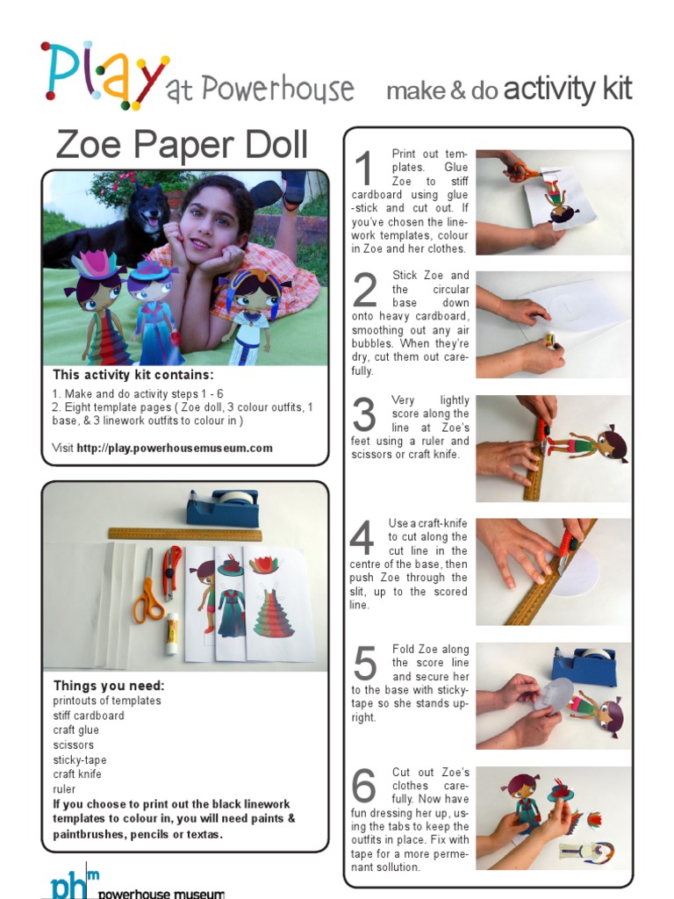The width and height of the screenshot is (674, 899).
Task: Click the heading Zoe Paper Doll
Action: click(x=182, y=145)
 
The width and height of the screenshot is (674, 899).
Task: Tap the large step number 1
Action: click(x=365, y=169)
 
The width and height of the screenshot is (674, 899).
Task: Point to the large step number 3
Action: click(x=365, y=414)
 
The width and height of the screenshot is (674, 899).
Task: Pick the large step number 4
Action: click(x=362, y=537)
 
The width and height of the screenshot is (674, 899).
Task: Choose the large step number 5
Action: click(x=365, y=664)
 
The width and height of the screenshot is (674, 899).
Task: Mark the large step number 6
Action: click(x=364, y=787)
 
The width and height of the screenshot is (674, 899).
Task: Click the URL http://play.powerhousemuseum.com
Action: click(x=175, y=448)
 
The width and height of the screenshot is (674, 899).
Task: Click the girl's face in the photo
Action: click(x=211, y=224)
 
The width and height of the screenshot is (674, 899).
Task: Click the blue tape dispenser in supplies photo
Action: click(x=222, y=508)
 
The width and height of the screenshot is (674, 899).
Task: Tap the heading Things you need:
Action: click(x=109, y=685)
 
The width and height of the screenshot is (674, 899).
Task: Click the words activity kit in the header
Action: click(x=568, y=89)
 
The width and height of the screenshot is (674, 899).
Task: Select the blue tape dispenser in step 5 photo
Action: click(x=584, y=666)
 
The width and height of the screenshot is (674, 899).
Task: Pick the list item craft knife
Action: click(x=77, y=774)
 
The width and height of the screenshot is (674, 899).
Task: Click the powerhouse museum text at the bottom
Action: click(x=161, y=893)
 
